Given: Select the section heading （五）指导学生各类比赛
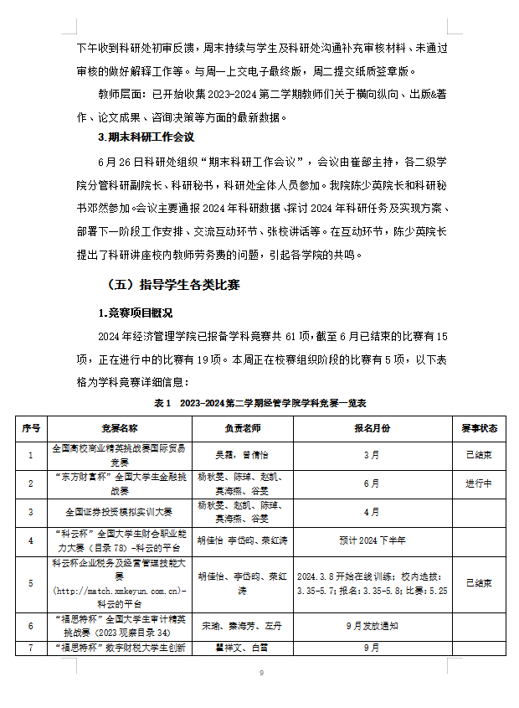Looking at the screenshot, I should coord(173,286).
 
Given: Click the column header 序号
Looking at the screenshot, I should coord(31,428).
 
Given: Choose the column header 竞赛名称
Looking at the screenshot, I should coord(120,428).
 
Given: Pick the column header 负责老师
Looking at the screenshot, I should coord(244,428).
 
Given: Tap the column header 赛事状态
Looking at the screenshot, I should coord(479,428).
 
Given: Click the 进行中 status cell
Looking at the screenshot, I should coord(479,483).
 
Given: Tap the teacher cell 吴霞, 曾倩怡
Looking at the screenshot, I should coord(244,456).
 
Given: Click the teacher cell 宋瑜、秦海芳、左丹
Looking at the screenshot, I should coord(244,625).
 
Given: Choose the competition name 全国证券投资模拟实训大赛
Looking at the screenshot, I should coord(120,511).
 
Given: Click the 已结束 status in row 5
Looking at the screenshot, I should coord(479,582).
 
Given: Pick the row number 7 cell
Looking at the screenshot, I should coord(31,647).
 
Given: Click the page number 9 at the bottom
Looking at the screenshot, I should coord(260,674).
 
